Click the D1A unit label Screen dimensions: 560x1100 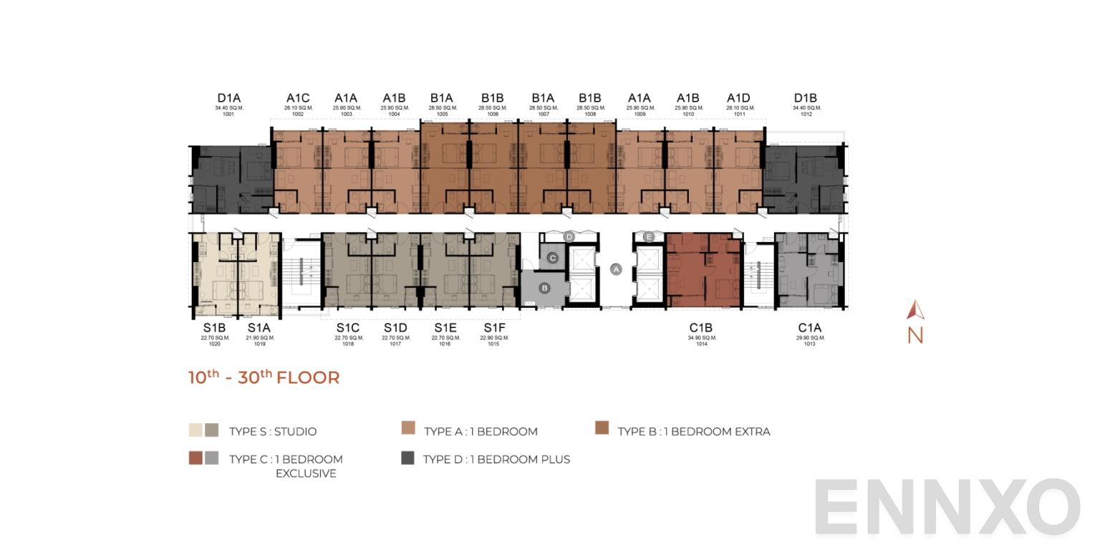click(229, 98)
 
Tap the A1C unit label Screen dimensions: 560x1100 click(298, 98)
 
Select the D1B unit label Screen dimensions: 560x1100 click(806, 98)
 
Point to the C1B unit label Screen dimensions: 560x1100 click(702, 328)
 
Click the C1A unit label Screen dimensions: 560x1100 click(810, 328)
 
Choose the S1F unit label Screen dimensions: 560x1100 click(494, 328)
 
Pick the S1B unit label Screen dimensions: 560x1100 click(214, 328)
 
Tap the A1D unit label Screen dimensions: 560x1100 click(738, 98)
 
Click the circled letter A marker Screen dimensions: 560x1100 click(616, 269)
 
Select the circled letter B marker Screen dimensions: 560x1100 click(544, 288)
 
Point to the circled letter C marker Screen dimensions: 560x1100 click(552, 258)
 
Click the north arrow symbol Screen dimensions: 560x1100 click(915, 310)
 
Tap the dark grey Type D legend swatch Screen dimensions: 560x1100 click(408, 458)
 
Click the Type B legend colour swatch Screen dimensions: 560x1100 click(602, 428)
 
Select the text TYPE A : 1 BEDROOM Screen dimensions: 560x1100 click(481, 432)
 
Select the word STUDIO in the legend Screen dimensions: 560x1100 click(293, 432)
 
